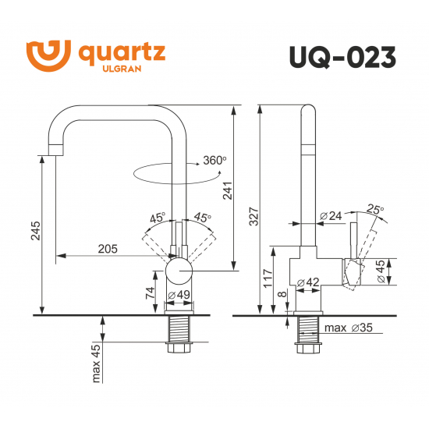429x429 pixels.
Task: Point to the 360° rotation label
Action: point(214,160)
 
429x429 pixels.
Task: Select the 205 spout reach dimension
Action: point(108,249)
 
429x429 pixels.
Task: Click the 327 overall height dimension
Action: point(252,219)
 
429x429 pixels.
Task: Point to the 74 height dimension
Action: point(149,292)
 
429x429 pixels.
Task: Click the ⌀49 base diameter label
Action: point(180,295)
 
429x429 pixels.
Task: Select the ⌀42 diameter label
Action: point(307,282)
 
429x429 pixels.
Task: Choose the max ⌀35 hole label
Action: point(348,328)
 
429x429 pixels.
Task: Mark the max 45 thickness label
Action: point(97,364)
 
